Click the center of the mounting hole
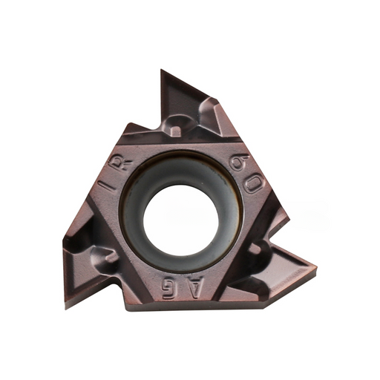[181, 220]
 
